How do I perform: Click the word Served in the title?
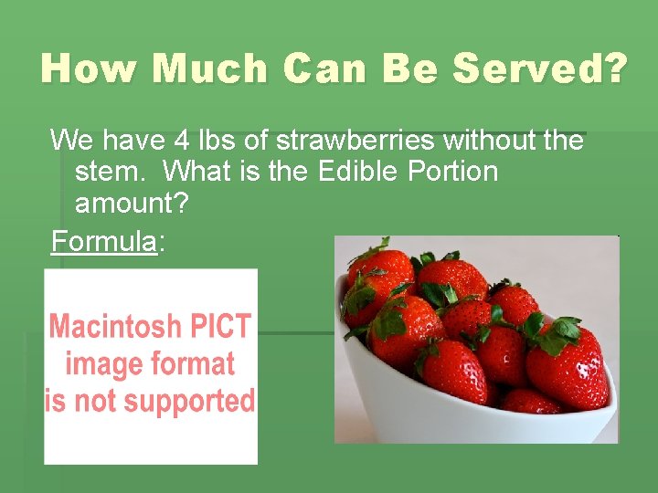(530, 68)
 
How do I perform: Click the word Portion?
(455, 172)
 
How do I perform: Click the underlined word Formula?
(103, 242)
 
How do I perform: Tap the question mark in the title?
(614, 68)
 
